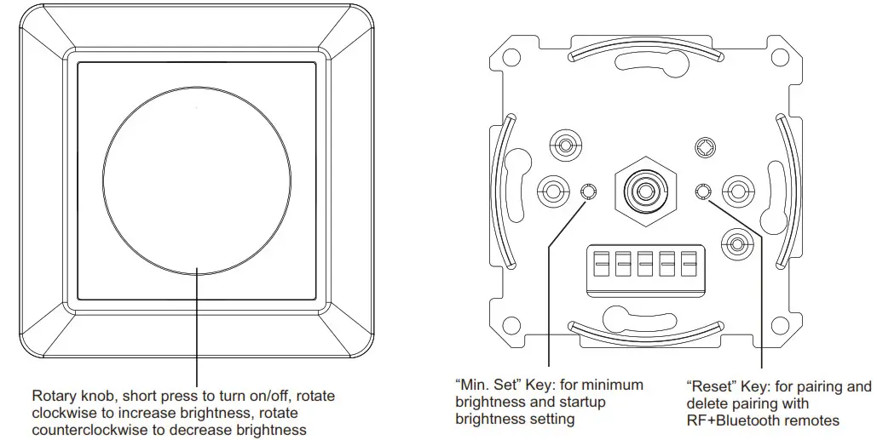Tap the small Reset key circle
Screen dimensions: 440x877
(x=703, y=191)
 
